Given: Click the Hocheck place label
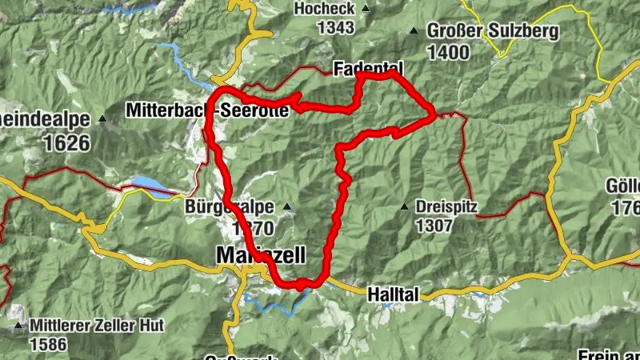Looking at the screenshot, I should [323, 9].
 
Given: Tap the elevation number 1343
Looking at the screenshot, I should [335, 28].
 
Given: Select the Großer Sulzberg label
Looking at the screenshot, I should [492, 32].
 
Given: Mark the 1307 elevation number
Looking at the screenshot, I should [434, 225].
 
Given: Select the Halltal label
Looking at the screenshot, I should [393, 294].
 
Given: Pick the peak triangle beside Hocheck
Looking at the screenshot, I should [366, 10].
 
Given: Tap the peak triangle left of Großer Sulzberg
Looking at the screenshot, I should [414, 32].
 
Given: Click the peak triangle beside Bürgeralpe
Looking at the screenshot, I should [287, 207].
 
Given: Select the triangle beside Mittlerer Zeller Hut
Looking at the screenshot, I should [18, 327].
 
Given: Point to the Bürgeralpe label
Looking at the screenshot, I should [230, 206].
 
